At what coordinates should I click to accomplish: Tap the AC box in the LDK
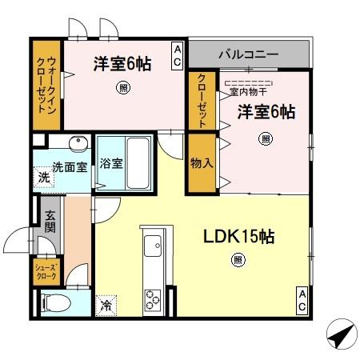click(302, 299)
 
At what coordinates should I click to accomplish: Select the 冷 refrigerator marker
click(106, 304)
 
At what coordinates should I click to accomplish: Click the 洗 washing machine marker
click(42, 178)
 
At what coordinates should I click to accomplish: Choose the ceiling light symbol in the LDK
click(238, 259)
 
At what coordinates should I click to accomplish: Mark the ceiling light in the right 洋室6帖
click(265, 138)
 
